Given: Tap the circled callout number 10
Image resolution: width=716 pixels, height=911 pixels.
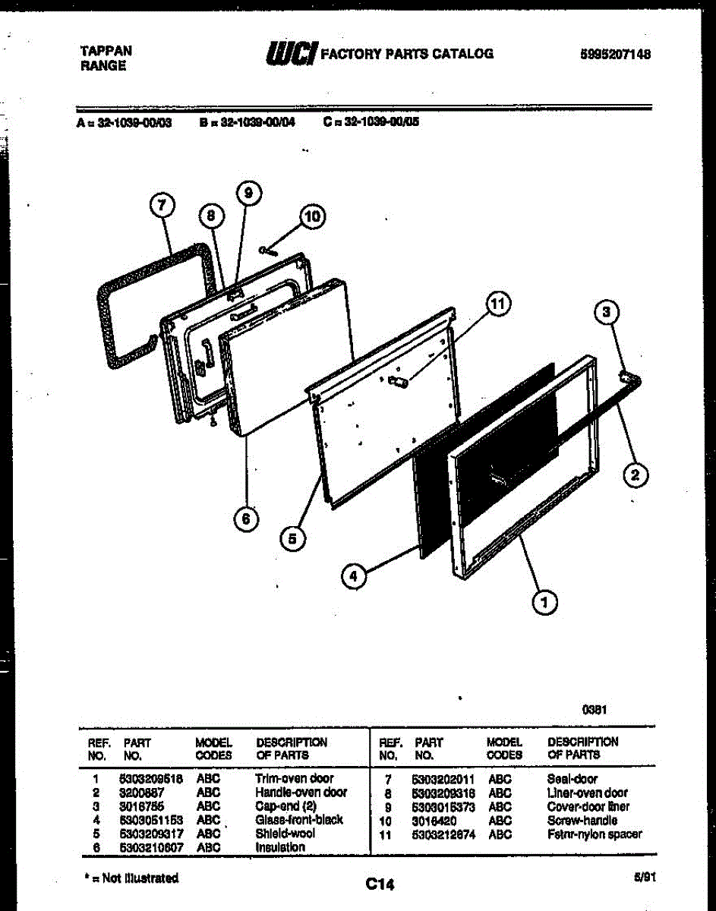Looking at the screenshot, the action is coord(311,217).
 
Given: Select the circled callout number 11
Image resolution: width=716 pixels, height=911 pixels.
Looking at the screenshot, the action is coord(496,306).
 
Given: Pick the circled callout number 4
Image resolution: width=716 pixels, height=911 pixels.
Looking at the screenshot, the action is coord(352,577).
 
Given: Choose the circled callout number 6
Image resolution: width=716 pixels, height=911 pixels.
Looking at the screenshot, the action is coord(245,519).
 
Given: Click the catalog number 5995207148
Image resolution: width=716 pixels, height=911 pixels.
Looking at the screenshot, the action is coord(616,54).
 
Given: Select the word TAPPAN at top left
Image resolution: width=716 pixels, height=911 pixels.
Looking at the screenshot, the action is coord(106,51).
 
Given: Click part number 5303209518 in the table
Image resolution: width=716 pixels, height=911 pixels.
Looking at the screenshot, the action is coord(152,778).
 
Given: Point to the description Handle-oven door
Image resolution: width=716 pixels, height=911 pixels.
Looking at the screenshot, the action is coord(301,792).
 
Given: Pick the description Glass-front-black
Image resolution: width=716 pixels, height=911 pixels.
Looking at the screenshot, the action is coord(299,819).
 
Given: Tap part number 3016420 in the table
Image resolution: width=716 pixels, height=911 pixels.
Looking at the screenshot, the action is coord(434,820).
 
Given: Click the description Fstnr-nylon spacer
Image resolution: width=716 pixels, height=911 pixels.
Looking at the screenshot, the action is coord(594,834).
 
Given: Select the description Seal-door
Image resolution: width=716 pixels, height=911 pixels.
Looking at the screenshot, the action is coord(572,779).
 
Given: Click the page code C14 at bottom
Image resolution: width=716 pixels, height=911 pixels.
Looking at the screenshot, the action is coord(380,884).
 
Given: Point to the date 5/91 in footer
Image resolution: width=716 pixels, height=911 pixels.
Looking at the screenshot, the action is coord(645,877).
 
